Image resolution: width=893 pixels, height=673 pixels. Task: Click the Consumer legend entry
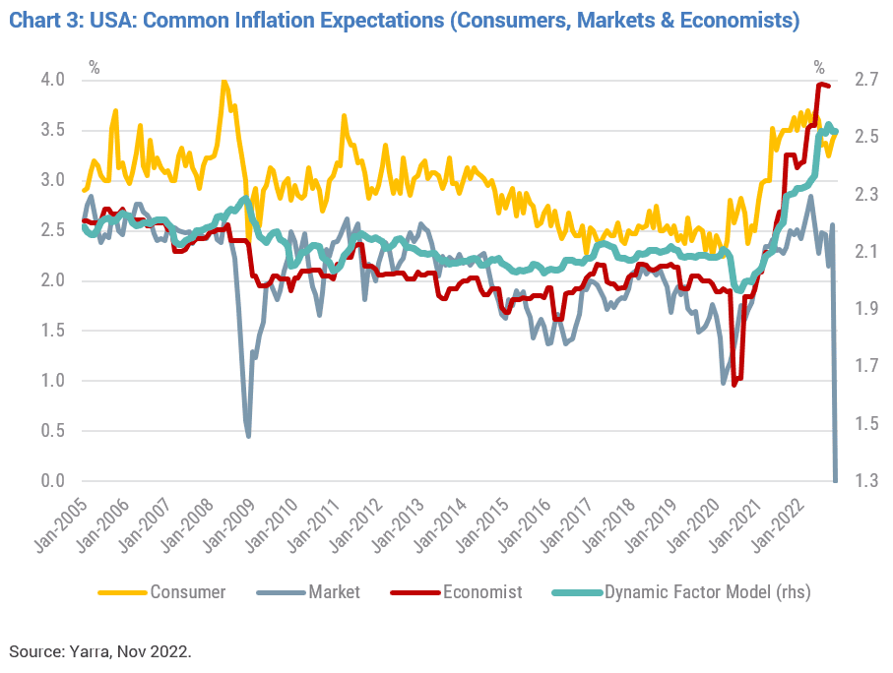coord(162,592)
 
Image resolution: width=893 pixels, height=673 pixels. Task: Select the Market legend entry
coord(309,592)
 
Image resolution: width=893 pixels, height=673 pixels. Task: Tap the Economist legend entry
coord(456,592)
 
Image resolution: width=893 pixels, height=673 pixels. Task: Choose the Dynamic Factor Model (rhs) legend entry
coord(681,592)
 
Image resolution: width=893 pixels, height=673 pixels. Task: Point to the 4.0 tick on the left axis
coord(52,79)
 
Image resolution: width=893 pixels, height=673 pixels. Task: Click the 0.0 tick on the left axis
coord(52,480)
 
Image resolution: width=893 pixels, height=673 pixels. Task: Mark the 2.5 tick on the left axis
coord(52,230)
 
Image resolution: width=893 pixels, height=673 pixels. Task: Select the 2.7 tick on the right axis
coord(865,79)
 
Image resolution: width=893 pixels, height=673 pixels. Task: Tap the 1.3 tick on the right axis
coord(865,480)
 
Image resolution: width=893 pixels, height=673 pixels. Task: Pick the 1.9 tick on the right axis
coord(865,309)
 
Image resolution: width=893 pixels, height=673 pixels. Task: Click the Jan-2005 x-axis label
coord(61,525)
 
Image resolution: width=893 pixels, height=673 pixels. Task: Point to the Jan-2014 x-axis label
coord(440,525)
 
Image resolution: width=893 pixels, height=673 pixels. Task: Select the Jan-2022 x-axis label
coord(778,525)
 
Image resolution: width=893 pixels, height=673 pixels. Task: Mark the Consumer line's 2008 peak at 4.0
coord(223,81)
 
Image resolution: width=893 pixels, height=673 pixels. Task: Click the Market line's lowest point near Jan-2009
coord(248,436)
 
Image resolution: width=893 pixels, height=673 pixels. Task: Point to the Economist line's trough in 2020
coord(734,385)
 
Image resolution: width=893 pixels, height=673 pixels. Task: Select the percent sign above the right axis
coord(819,68)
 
